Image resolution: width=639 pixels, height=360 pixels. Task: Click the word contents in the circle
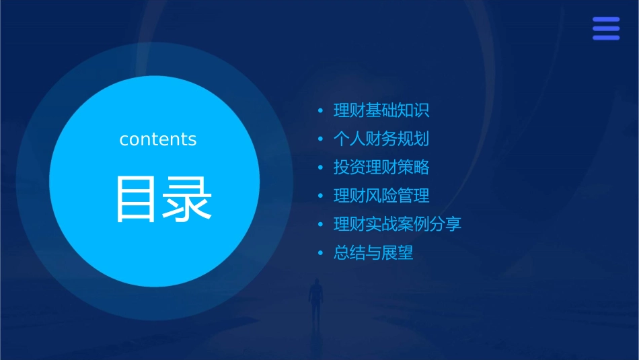pos(158,139)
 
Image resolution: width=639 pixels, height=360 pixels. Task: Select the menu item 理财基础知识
pos(381,110)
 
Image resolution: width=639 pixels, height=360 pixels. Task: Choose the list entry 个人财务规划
pos(381,139)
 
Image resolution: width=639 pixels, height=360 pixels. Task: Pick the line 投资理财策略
pos(381,168)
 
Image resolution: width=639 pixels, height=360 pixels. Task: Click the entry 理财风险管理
pos(381,196)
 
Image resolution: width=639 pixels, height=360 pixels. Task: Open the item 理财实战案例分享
pos(398,224)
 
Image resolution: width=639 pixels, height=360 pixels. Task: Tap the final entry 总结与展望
pos(373,253)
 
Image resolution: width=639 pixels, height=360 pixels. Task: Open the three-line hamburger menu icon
pos(606,29)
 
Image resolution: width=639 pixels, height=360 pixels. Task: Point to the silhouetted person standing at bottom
pos(315,299)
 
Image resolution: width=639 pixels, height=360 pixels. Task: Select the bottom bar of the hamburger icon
pos(606,38)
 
